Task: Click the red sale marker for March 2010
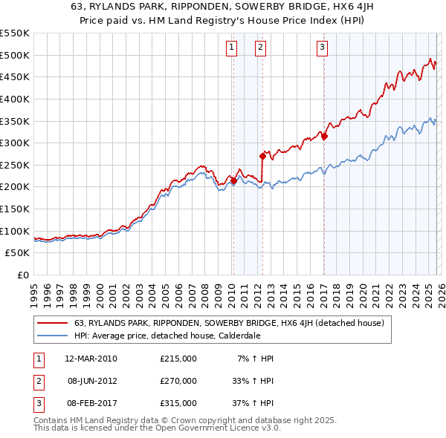(x=233, y=180)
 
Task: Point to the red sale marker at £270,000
(x=262, y=156)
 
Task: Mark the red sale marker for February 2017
(x=324, y=136)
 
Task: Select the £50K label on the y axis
(x=18, y=253)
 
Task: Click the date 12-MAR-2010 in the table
(x=91, y=359)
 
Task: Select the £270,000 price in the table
(x=178, y=381)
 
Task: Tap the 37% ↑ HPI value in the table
(x=253, y=403)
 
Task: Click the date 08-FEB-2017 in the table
(x=91, y=403)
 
